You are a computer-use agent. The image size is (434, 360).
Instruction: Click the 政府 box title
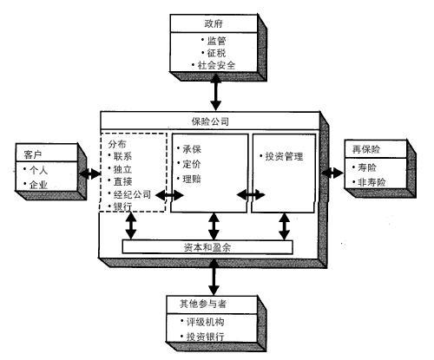pos(214,23)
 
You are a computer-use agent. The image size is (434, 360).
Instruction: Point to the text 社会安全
pos(216,65)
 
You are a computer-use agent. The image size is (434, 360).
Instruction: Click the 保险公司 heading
pos(210,121)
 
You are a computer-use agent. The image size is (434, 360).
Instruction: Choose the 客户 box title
pos(33,154)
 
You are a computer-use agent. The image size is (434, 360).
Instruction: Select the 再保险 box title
pos(366,149)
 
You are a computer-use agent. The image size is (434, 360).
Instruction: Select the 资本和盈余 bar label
pos(207,247)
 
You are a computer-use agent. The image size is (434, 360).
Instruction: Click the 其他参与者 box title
pos(203,304)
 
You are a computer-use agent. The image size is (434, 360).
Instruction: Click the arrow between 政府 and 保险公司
pos(216,92)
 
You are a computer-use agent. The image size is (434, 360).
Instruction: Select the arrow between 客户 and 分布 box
pos(89,173)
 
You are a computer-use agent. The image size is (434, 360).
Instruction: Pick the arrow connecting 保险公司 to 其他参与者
pos(214,277)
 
